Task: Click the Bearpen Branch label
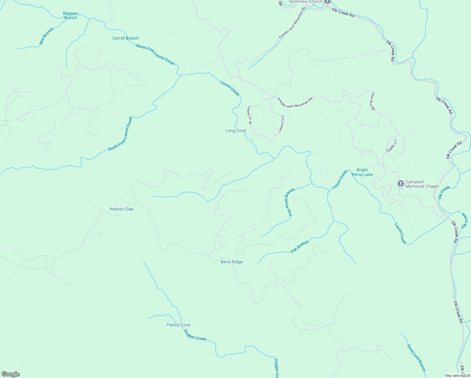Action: pyautogui.click(x=71, y=15)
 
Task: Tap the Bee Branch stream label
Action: pyautogui.click(x=46, y=36)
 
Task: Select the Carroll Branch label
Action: pyautogui.click(x=126, y=38)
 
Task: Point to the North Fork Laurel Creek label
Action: pyautogui.click(x=155, y=54)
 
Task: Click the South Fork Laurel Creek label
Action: pyautogui.click(x=120, y=134)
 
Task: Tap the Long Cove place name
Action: pyautogui.click(x=235, y=130)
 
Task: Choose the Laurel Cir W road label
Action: pyautogui.click(x=250, y=115)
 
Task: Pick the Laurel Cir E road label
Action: pyautogui.click(x=281, y=124)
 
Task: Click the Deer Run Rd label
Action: pyautogui.click(x=373, y=101)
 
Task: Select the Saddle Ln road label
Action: pyautogui.click(x=392, y=146)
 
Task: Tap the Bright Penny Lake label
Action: pyautogui.click(x=362, y=172)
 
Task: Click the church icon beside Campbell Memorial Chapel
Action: pyautogui.click(x=400, y=184)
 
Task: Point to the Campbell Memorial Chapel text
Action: pyautogui.click(x=422, y=184)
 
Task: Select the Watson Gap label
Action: pyautogui.click(x=122, y=209)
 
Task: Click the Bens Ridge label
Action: pyautogui.click(x=232, y=262)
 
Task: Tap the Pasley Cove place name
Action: pyautogui.click(x=179, y=325)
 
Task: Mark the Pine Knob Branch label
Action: pyautogui.click(x=289, y=202)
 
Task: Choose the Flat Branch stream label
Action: pyautogui.click(x=300, y=247)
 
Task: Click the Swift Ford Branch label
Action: pyautogui.click(x=416, y=358)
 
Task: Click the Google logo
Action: pyautogui.click(x=11, y=374)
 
